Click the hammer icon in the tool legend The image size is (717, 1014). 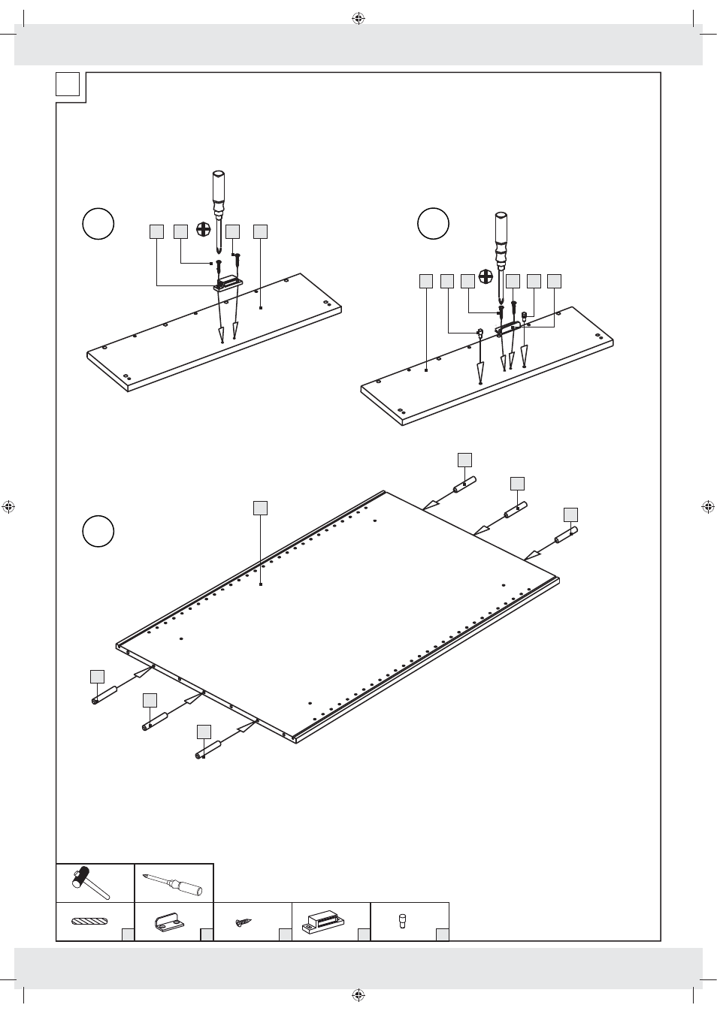click(90, 883)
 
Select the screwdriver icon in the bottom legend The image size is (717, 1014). click(174, 883)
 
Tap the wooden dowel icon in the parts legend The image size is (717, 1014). click(90, 922)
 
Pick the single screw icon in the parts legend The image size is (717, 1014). click(244, 922)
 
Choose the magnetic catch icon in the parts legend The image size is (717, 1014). click(322, 922)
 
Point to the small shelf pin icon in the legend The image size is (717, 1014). click(402, 920)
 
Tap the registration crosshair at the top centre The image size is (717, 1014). click(358, 18)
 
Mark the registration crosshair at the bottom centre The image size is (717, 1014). click(358, 995)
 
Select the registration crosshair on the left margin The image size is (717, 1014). click(8, 507)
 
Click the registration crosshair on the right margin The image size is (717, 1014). click(708, 507)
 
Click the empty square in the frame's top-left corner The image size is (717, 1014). click(68, 83)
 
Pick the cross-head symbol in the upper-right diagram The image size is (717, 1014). click(486, 276)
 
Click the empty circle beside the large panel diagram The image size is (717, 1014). click(98, 531)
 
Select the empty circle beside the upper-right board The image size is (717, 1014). click(433, 223)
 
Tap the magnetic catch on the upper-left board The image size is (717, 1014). click(227, 283)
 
